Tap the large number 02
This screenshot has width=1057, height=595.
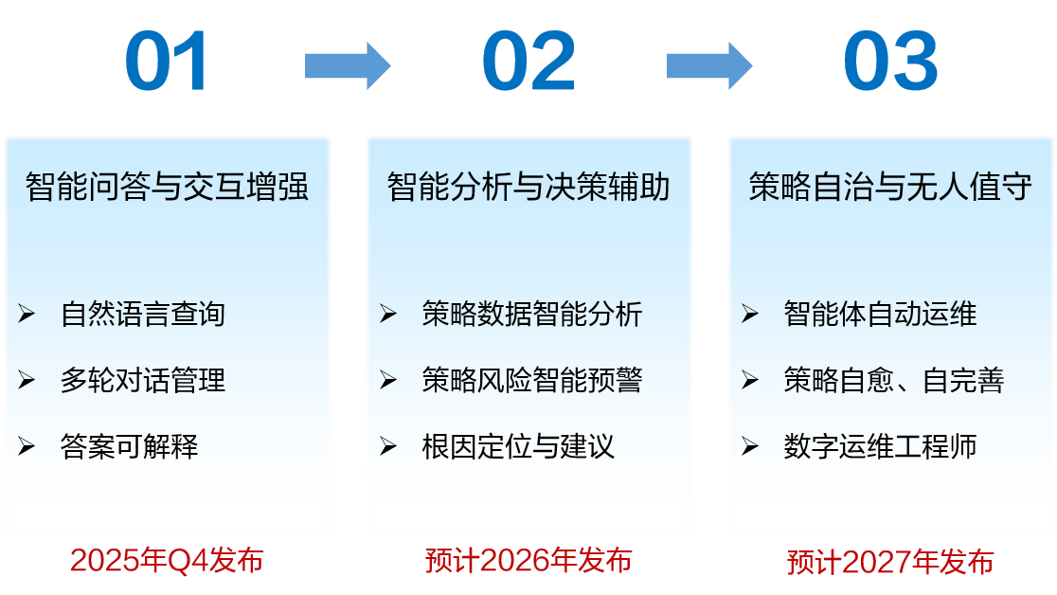(528, 63)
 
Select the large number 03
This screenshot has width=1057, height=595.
(890, 63)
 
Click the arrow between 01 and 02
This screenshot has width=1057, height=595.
(348, 65)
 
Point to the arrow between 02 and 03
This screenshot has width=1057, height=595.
(709, 65)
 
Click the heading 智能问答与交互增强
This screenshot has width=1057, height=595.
(168, 187)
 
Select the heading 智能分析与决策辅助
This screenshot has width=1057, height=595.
(528, 187)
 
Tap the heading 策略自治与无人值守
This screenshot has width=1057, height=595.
(890, 187)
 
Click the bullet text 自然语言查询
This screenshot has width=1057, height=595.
(143, 314)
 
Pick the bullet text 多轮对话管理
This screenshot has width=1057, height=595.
(143, 380)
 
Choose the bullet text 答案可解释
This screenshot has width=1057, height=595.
(130, 446)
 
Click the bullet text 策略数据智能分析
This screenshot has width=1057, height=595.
(532, 314)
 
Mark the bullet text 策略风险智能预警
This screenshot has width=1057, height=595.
(532, 380)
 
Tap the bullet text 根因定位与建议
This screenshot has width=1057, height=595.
(518, 446)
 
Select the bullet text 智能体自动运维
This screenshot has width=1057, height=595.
(880, 314)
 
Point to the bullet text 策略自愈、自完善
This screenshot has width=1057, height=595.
(893, 380)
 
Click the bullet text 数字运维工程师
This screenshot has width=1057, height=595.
(880, 446)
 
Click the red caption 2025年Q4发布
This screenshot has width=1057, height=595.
(167, 561)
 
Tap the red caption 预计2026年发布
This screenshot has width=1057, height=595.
(528, 561)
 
